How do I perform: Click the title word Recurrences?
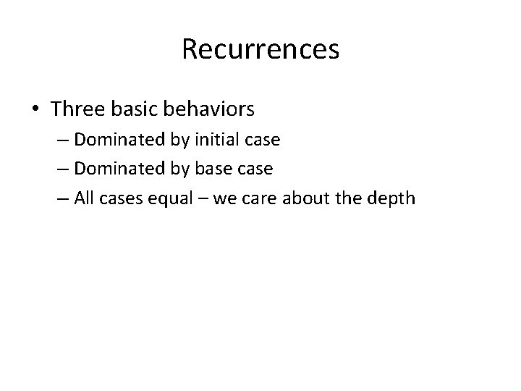[260, 50]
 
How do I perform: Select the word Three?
[75, 109]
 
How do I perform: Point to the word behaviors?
[210, 109]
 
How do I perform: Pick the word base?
[216, 169]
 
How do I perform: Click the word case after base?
[255, 169]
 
